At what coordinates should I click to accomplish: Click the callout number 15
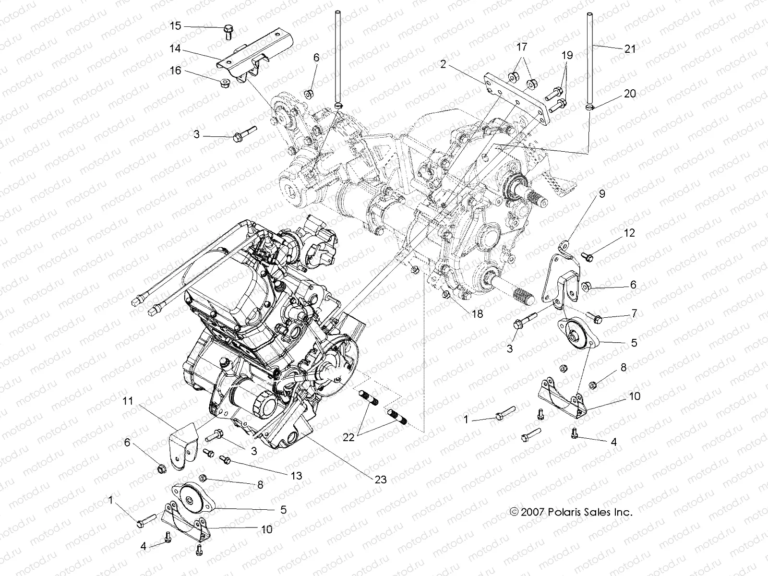pos(176,25)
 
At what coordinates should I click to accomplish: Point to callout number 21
pos(630,48)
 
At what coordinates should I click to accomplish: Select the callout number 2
pos(443,64)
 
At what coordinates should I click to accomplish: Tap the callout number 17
pos(521,47)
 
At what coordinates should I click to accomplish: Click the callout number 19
pos(567,56)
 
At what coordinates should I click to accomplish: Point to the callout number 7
pos(634,313)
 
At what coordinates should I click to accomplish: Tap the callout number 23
pos(381,479)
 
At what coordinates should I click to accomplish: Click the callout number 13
pos(296,476)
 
